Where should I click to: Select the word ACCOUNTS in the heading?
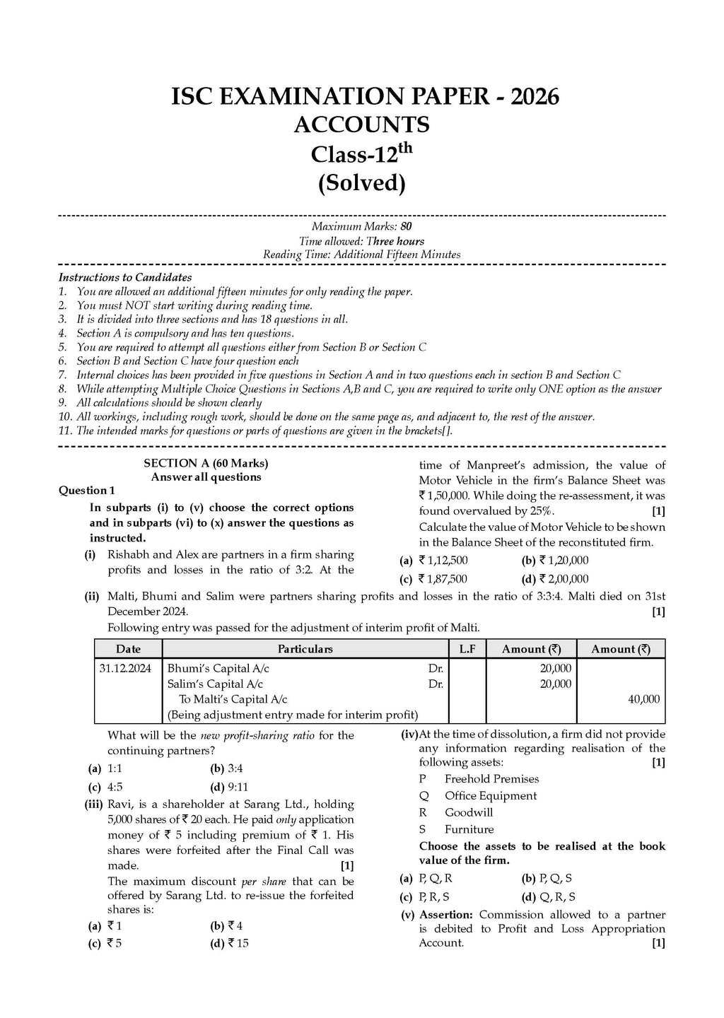361,124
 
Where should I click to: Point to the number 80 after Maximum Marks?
406,227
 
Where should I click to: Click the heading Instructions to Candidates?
125,277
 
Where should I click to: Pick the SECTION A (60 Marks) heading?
206,463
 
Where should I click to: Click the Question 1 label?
86,490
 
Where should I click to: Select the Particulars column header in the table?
305,648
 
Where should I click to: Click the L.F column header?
467,648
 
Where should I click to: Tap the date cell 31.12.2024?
126,668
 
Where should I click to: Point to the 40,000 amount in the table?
643,699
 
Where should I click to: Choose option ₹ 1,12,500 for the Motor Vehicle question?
443,561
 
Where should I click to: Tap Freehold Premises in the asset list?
491,778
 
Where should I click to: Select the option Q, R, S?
557,897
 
